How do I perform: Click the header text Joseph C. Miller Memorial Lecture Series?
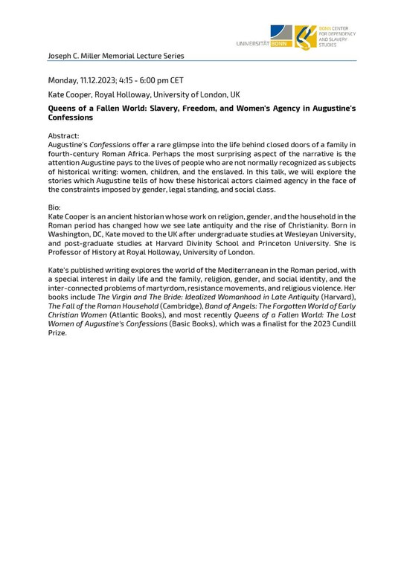tap(115, 56)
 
